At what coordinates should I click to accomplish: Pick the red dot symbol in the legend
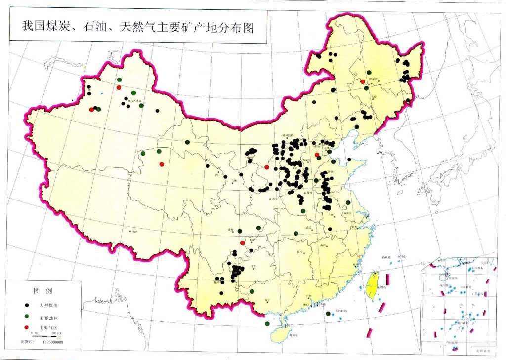click(x=28, y=327)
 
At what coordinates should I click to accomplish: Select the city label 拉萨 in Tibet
click(x=132, y=231)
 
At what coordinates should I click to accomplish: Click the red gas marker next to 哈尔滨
click(x=362, y=81)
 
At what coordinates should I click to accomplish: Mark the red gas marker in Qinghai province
click(x=162, y=164)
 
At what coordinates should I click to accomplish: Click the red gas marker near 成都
click(x=242, y=242)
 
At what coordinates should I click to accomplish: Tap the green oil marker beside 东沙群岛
click(x=328, y=314)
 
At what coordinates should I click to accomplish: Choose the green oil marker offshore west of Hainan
click(x=267, y=324)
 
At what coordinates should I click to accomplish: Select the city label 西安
click(x=273, y=199)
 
